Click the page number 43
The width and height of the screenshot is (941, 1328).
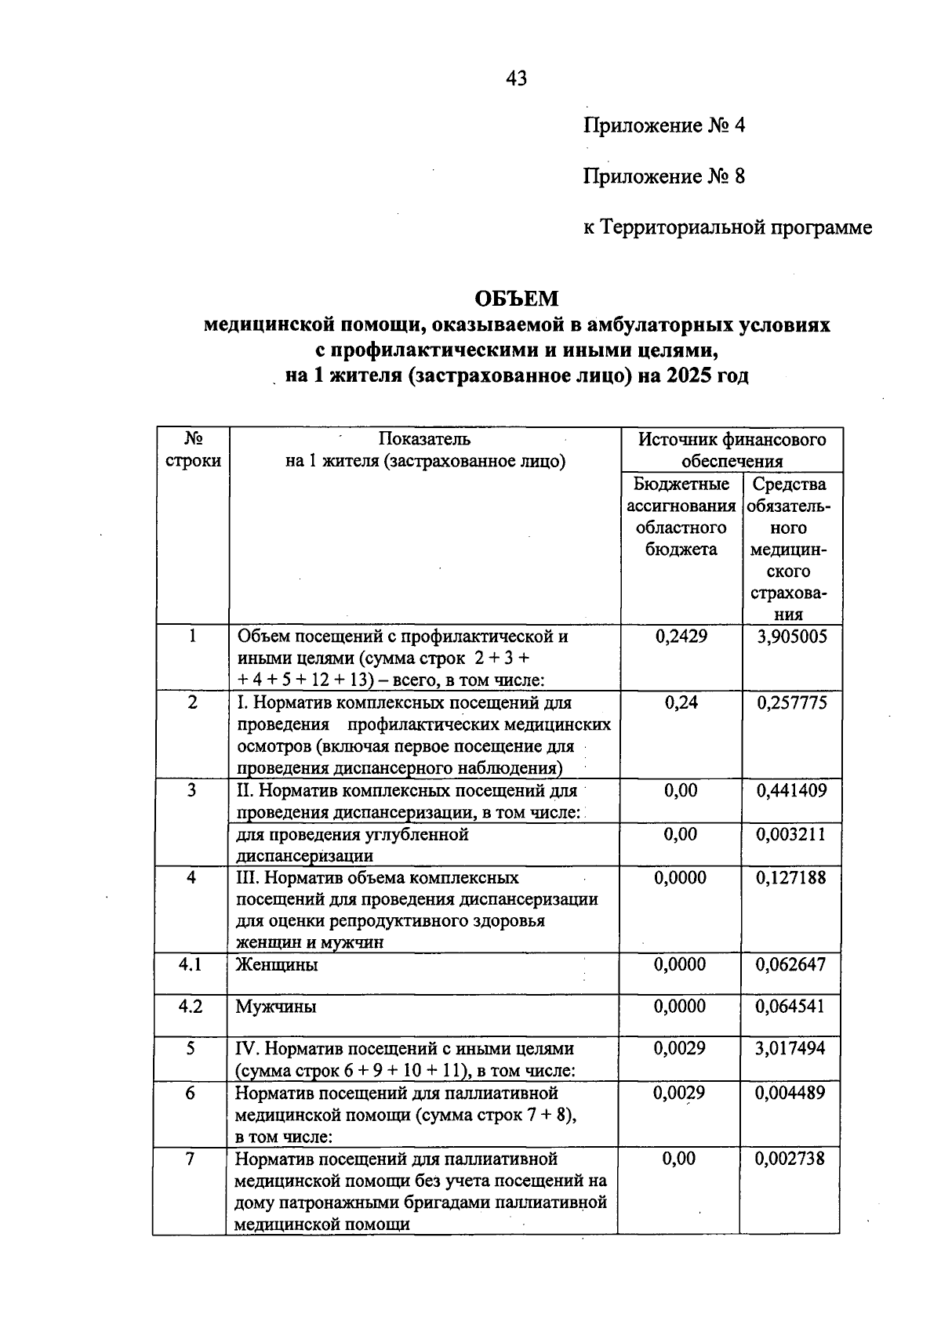(x=517, y=78)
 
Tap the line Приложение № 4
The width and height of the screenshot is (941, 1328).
(x=663, y=125)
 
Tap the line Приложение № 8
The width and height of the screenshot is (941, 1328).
(x=663, y=176)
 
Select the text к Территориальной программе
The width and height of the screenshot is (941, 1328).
(x=727, y=227)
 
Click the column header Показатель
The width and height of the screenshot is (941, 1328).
(x=424, y=439)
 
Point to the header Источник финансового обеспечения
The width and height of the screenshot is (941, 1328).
(x=731, y=450)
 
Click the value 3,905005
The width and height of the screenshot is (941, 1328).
(x=791, y=637)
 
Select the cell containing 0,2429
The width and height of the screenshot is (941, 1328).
(x=681, y=637)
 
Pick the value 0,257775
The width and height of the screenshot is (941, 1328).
(x=791, y=702)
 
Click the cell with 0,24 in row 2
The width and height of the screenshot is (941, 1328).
(x=681, y=702)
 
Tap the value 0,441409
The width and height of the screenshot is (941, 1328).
(x=791, y=790)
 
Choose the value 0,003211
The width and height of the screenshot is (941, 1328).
(x=791, y=834)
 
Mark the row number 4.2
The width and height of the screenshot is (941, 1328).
(x=190, y=1007)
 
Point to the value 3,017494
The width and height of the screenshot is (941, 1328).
(x=790, y=1048)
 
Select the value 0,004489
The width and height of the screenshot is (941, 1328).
(x=790, y=1092)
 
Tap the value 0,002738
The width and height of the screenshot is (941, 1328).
(x=790, y=1159)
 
